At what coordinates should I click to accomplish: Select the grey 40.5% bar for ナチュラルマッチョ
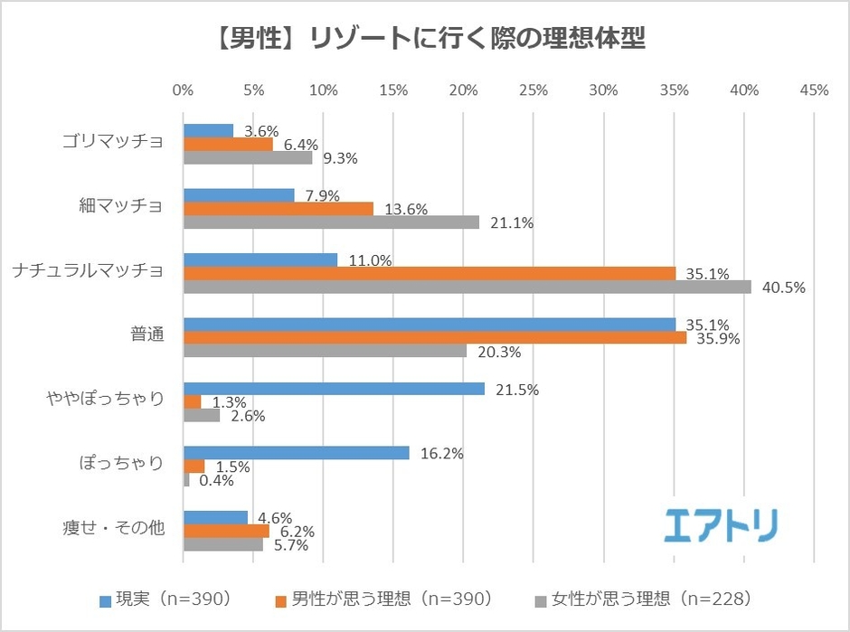click(467, 287)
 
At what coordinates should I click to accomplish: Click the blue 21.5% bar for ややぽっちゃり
click(334, 389)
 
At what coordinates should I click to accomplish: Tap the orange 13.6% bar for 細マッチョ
click(279, 209)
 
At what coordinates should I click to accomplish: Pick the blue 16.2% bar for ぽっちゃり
click(296, 453)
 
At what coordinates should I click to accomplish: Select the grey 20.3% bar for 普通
click(325, 351)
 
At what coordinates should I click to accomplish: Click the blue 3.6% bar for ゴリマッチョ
click(208, 131)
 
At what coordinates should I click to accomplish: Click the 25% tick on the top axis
click(534, 90)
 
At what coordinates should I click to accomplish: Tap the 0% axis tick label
click(183, 90)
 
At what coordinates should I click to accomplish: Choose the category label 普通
click(146, 335)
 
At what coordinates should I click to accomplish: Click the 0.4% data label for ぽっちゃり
click(216, 480)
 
